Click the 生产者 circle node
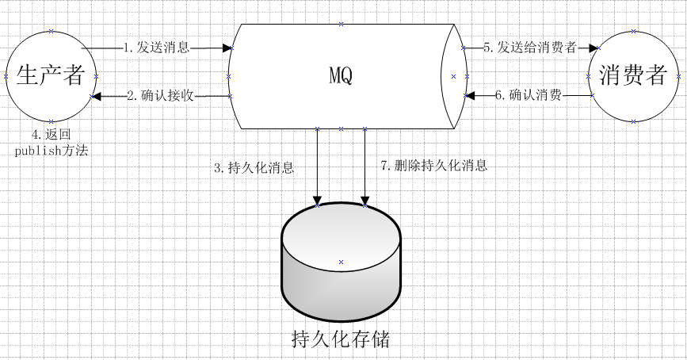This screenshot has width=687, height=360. coord(50,76)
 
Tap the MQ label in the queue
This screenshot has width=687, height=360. coord(341,76)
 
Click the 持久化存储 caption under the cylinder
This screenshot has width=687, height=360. coord(341,340)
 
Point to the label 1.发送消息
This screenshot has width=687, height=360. coord(157,47)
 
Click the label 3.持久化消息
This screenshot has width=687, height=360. coord(254,167)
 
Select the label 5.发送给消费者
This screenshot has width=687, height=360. coord(529,47)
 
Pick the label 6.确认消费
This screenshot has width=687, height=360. coord(529,95)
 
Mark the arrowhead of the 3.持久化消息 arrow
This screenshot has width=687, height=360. coord(317,199)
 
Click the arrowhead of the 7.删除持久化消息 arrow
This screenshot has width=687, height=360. coord(364,199)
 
